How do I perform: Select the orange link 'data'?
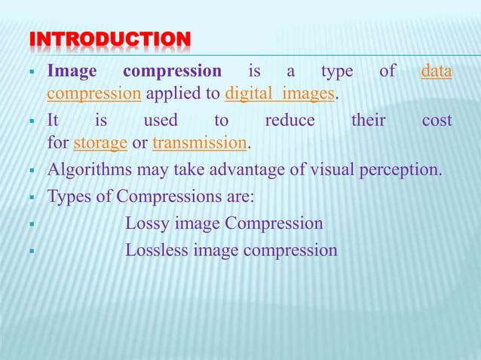click(437, 72)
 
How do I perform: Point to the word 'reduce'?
click(290, 121)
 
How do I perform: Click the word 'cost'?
click(437, 121)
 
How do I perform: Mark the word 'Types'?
click(66, 197)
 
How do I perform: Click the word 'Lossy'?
click(149, 224)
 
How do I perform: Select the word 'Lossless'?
click(157, 250)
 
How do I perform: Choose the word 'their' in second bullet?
click(369, 121)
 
